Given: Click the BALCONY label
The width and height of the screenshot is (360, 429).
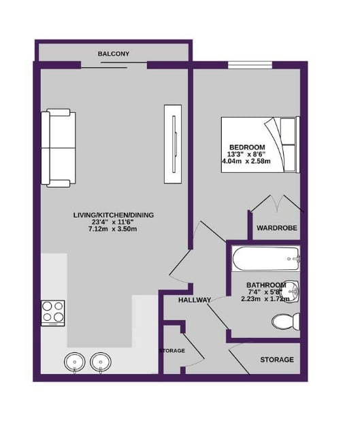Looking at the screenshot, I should (114, 54).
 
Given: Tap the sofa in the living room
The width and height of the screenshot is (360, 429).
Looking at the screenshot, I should (59, 148).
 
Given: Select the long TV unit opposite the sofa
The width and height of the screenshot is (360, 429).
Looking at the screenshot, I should (173, 143).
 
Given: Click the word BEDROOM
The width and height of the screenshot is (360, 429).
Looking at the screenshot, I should (247, 148).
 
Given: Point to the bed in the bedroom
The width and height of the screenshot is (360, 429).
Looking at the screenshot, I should (260, 144).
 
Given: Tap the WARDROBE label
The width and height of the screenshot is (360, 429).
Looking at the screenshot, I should (276, 228).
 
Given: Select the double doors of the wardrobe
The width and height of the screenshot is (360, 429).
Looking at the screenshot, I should (275, 203).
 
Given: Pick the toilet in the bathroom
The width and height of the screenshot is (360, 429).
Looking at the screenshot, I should (284, 320).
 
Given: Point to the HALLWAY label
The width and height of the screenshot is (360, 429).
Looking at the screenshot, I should (195, 300).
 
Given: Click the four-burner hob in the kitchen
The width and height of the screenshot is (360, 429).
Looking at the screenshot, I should (53, 312).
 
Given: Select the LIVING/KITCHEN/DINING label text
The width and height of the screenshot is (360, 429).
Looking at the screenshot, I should (114, 216).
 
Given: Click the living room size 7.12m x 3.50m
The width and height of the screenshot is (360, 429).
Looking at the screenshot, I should (114, 229).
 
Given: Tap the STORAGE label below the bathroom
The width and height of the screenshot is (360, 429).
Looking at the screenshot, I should (277, 360).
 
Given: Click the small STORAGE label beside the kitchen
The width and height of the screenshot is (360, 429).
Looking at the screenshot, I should (171, 351).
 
